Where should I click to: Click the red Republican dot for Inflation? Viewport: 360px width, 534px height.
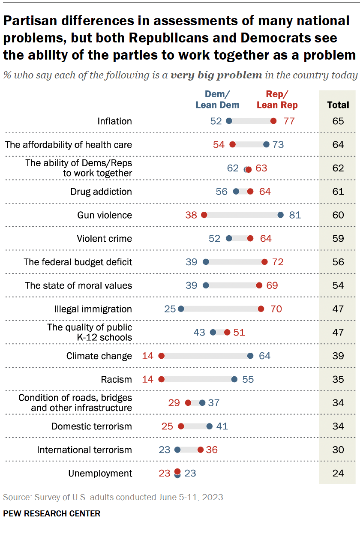273,121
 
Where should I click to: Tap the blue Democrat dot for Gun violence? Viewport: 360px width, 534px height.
281,215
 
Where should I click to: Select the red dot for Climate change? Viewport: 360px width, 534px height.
162,356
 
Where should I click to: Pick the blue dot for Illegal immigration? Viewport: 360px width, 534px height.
181,309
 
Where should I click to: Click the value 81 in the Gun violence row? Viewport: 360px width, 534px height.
295,215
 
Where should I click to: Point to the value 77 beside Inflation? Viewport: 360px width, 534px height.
289,121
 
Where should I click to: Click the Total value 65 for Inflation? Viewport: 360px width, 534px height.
338,121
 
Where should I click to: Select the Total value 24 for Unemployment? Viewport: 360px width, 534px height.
338,473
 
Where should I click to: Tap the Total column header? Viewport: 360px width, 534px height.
338,105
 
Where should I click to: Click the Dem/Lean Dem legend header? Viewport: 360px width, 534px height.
217,99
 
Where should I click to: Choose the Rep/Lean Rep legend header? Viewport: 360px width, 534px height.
277,99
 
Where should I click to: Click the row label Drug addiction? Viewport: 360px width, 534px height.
101,192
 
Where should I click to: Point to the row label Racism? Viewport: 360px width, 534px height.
116,379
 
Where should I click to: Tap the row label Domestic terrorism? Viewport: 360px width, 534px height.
92,426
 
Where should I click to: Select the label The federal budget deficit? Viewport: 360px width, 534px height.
78,262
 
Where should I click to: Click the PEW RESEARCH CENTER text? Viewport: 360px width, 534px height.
52,513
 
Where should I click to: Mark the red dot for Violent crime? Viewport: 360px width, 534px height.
250,239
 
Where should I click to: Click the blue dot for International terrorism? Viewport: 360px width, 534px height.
177,450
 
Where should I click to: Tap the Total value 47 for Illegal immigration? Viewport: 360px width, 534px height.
338,309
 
